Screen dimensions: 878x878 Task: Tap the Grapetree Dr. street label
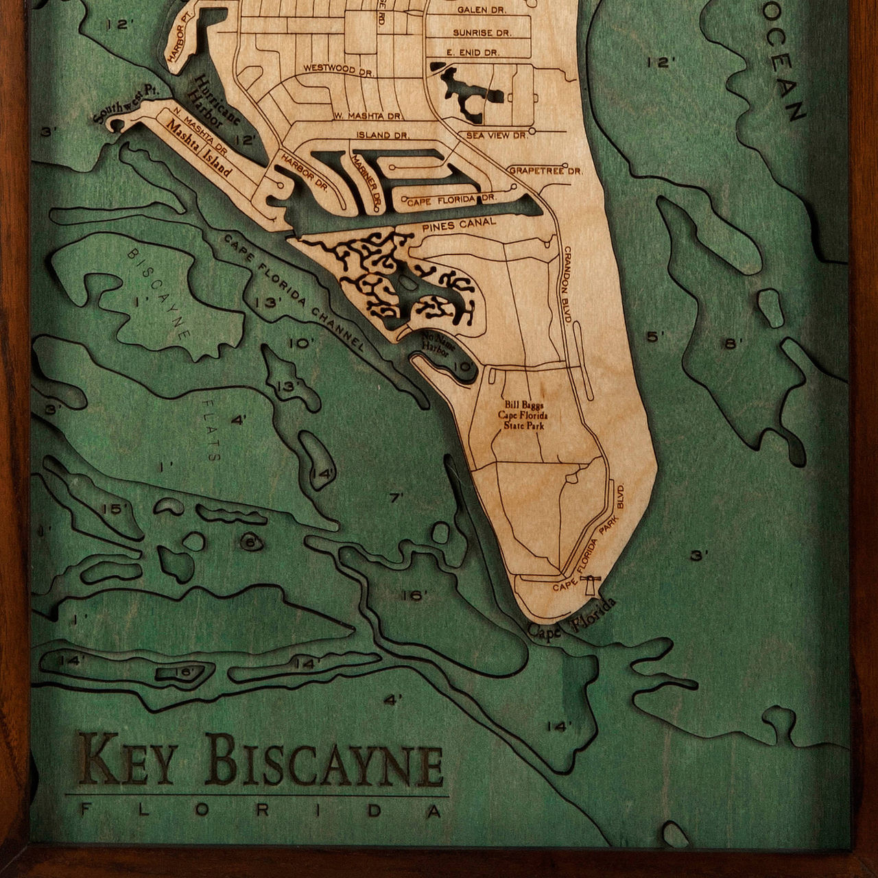pos(545,170)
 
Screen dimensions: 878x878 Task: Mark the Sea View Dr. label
pos(497,136)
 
